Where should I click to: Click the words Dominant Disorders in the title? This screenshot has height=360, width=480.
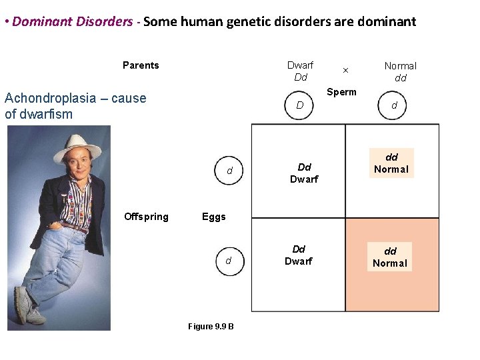coord(72,21)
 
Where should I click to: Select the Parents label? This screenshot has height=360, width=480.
coord(141,65)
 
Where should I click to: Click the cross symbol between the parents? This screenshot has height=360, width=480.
coord(345,70)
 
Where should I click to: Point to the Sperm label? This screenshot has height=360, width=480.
coord(341,92)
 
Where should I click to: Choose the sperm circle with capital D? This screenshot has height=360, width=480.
coord(300,105)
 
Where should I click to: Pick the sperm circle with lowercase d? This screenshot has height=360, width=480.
coord(394,105)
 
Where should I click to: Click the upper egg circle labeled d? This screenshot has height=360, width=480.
coord(229,171)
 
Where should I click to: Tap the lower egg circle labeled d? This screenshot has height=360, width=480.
coord(228,261)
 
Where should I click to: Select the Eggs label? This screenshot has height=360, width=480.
coord(213,217)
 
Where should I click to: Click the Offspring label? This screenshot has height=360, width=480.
coord(146,217)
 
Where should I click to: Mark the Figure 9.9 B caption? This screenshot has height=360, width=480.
coord(211,326)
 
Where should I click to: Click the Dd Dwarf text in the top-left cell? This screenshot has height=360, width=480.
coord(304,173)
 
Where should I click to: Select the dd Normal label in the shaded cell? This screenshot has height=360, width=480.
coord(390,257)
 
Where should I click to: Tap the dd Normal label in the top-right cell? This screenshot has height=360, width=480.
coord(391,163)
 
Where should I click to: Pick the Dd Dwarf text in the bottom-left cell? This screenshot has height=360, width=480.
coord(299,255)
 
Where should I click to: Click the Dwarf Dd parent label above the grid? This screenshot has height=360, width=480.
coord(300,71)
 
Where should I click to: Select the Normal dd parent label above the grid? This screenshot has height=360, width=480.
coord(400,71)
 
